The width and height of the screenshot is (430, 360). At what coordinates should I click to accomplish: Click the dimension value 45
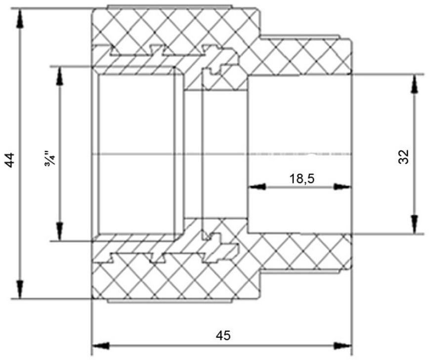223,335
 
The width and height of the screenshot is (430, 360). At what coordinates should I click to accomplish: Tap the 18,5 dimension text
302,179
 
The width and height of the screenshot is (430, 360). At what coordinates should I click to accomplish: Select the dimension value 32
404,157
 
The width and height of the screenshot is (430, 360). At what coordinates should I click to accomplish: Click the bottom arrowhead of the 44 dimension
19,289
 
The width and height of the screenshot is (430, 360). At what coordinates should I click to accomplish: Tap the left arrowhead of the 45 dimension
101,346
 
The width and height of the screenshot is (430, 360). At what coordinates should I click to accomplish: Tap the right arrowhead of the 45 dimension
343,346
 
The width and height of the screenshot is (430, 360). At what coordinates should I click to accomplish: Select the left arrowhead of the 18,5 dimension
257,187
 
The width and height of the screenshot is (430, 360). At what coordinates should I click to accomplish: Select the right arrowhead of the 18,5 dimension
342,187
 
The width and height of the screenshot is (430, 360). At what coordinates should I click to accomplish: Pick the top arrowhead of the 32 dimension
415,84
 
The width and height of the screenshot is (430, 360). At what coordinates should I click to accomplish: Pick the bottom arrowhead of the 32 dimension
415,225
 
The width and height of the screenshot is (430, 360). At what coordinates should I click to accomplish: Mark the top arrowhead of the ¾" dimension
59,76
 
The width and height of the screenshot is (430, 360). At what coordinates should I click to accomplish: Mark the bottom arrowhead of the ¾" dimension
59,232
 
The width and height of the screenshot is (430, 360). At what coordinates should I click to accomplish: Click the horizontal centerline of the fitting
221,154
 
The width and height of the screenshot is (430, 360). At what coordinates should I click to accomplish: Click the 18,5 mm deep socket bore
300,154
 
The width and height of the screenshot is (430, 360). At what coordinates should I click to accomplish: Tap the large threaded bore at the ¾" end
136,154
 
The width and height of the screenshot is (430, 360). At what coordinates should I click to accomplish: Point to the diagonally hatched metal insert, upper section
165,59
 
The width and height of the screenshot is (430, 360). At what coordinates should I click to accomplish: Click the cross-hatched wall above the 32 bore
301,57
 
